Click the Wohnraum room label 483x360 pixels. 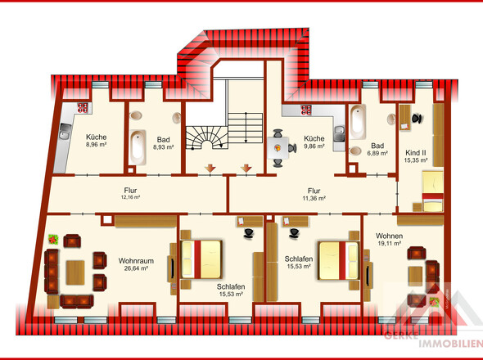click(136, 261)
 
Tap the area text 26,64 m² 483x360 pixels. click(136, 268)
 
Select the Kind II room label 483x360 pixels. click(416, 153)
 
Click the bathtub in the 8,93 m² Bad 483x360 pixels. click(138, 147)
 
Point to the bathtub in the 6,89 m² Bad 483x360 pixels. click(358, 122)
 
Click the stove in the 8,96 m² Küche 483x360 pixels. click(83, 108)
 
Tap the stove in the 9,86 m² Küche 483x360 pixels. click(306, 110)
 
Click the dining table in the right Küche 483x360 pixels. click(278, 148)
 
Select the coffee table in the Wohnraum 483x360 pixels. click(75, 272)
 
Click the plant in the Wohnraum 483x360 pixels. click(53, 239)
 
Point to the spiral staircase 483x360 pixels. click(206, 137)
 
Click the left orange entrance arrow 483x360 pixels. click(210, 169)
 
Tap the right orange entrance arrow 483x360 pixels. click(246, 169)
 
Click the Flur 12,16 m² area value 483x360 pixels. click(131, 197)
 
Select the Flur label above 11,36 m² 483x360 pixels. click(314, 191)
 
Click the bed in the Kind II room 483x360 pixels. click(432, 191)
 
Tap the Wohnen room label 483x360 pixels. click(389, 236)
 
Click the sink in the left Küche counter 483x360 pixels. click(65, 132)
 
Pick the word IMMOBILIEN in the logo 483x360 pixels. click(450, 344)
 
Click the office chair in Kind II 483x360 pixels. click(417, 119)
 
